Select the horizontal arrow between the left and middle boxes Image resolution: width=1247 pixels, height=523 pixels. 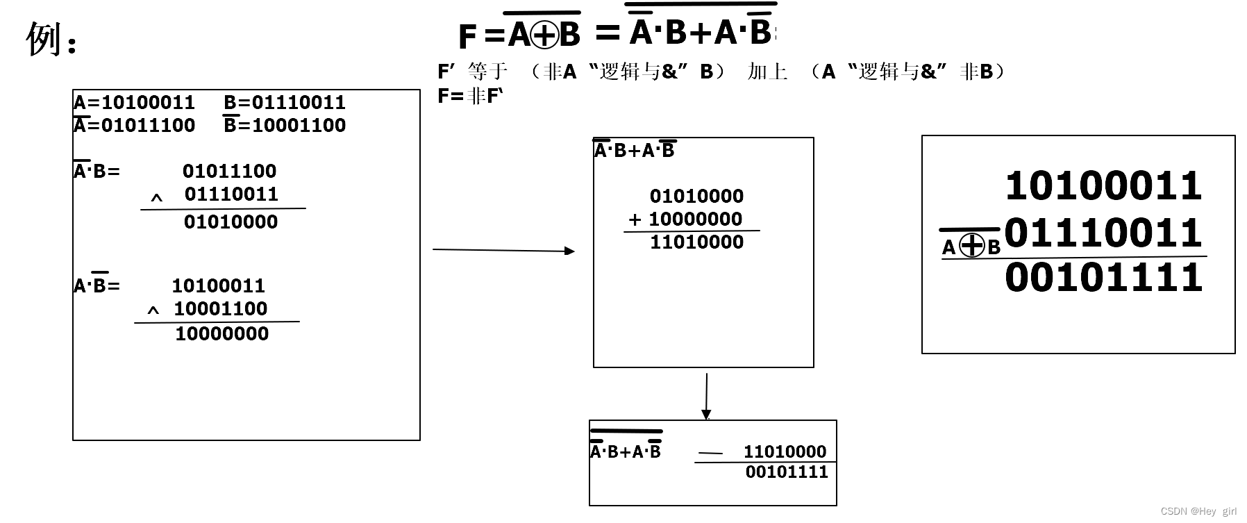(503, 250)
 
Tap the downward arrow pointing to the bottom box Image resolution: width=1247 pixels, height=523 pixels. (706, 397)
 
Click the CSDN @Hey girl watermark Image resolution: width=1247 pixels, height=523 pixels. (1198, 511)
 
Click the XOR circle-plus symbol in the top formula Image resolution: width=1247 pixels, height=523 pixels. (544, 35)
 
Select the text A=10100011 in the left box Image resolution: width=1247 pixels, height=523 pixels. (134, 103)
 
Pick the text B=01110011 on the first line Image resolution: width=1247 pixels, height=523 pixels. (284, 103)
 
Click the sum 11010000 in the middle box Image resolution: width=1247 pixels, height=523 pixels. (696, 242)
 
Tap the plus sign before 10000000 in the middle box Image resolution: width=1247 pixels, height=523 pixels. (635, 220)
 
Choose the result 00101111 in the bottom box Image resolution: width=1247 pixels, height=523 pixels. (787, 472)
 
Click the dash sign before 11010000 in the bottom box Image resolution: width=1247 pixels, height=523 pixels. (710, 454)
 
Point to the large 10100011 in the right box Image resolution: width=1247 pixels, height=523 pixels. (1103, 186)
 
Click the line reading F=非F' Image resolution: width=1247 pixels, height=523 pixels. (469, 96)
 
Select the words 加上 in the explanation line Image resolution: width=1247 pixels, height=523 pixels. (767, 72)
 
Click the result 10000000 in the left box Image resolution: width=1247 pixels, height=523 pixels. (221, 334)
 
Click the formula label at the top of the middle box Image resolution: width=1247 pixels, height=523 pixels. (634, 151)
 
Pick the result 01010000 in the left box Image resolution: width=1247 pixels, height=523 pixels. (231, 222)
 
